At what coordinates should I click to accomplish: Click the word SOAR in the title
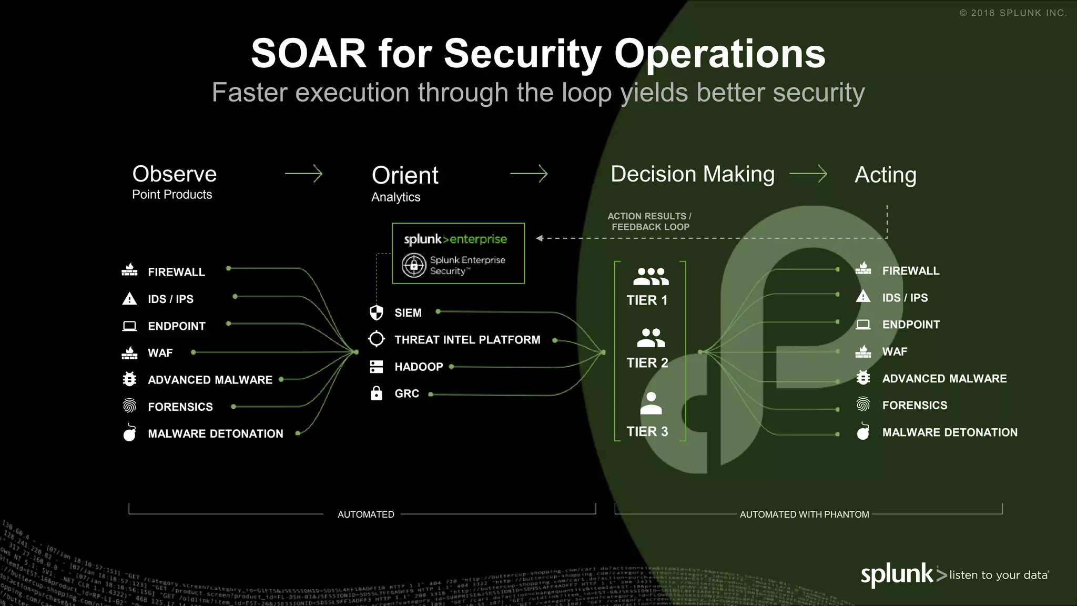click(308, 54)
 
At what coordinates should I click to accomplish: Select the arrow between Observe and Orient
click(303, 174)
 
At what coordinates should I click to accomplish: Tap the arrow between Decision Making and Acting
click(808, 174)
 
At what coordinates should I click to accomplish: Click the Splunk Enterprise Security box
click(458, 254)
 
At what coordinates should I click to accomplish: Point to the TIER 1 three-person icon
click(651, 276)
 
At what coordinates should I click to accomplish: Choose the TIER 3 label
click(647, 432)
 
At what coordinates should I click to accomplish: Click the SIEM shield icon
click(377, 312)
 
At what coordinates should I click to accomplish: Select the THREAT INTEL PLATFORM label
click(467, 340)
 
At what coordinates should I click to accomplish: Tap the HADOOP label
click(419, 367)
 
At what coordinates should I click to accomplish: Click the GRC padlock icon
click(377, 393)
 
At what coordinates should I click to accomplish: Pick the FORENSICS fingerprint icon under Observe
click(129, 406)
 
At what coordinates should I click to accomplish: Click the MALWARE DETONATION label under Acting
click(950, 432)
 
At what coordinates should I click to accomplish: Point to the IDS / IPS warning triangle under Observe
click(129, 299)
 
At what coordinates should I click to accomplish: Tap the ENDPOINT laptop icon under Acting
click(863, 325)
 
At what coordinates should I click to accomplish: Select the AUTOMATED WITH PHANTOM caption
click(804, 514)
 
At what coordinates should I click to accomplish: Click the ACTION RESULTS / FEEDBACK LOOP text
click(650, 221)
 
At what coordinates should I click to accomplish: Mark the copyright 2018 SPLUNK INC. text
click(1013, 13)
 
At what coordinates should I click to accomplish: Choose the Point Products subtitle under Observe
click(172, 195)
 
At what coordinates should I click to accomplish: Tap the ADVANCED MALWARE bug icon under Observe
click(129, 379)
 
